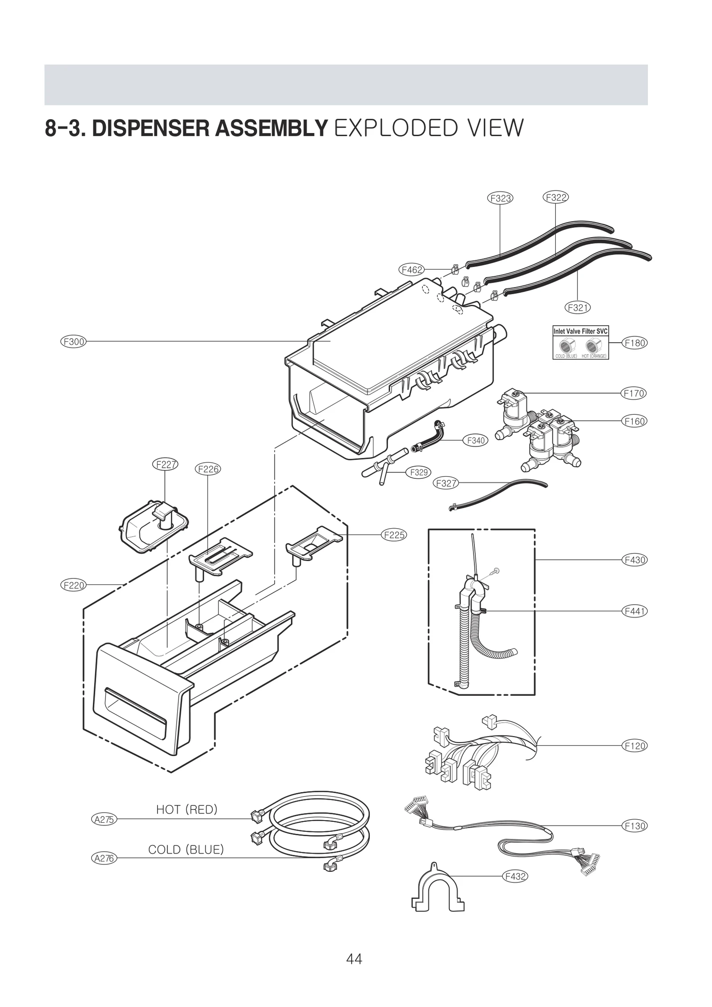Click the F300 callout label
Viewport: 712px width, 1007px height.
click(x=73, y=342)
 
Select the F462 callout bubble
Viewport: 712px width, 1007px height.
click(x=411, y=270)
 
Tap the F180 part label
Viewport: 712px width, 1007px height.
click(x=635, y=343)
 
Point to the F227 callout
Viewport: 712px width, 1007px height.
click(x=165, y=465)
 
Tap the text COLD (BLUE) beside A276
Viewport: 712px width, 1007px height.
click(x=186, y=849)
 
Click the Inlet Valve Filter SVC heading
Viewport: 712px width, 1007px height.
click(x=580, y=331)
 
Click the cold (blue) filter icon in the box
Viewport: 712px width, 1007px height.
click(x=566, y=346)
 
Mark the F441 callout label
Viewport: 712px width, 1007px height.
click(x=635, y=611)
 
